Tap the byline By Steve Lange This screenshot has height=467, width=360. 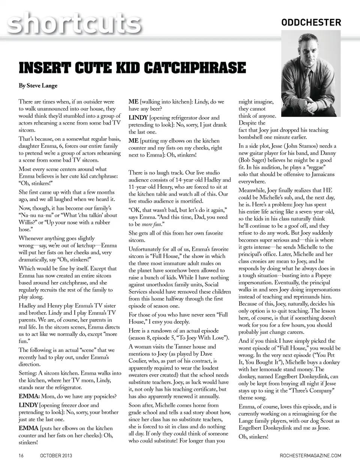38,86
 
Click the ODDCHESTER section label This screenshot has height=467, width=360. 311,23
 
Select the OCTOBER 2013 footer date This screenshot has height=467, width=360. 56,455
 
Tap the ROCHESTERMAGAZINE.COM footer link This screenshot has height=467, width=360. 310,455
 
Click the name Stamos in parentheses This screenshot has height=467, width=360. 306,146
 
